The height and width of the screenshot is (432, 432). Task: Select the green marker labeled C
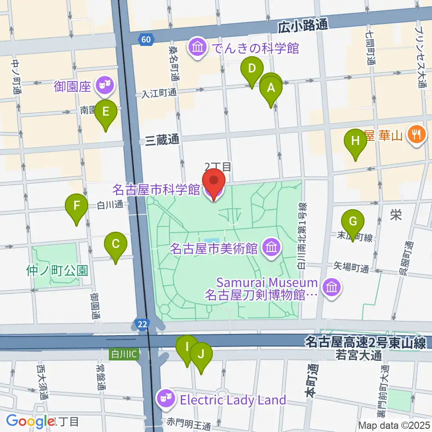click(x=115, y=246)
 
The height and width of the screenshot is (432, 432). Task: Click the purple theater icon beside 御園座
click(x=105, y=84)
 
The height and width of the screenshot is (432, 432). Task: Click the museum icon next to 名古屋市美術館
click(x=271, y=247)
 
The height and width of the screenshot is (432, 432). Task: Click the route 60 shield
click(x=145, y=40)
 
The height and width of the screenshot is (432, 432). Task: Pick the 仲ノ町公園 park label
click(x=57, y=270)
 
